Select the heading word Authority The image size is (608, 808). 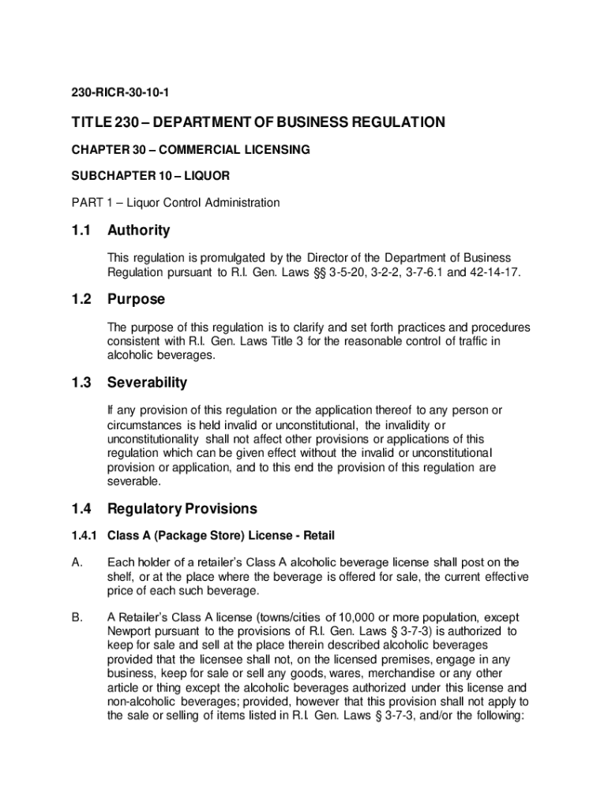click(139, 230)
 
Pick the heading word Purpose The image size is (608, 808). click(137, 300)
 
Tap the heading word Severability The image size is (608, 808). click(148, 383)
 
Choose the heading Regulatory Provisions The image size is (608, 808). click(182, 509)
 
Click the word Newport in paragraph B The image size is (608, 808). click(131, 631)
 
